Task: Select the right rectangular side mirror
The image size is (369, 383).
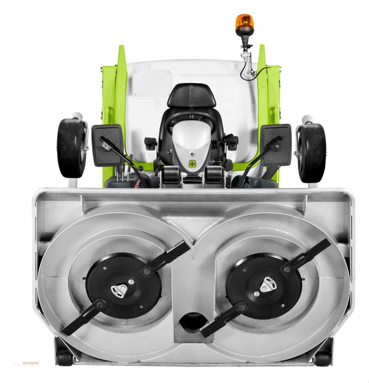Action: pyautogui.click(x=276, y=144)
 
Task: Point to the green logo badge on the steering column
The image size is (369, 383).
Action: pyautogui.click(x=191, y=163)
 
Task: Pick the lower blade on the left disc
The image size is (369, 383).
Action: pyautogui.click(x=82, y=317)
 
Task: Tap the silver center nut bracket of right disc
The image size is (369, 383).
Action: pyautogui.click(x=266, y=285)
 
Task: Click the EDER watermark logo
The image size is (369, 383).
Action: pyautogui.click(x=30, y=364)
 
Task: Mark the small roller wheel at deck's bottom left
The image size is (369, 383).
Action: pyautogui.click(x=64, y=358)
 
